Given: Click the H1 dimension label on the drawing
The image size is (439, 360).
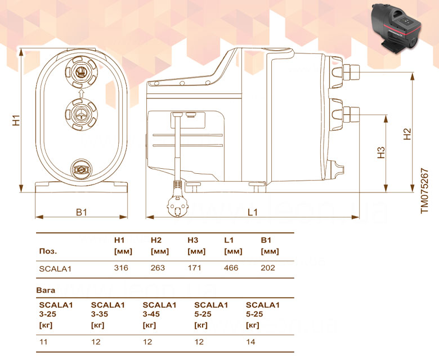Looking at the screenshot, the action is tap(16, 120).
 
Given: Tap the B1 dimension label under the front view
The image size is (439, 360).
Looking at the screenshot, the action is tap(82, 213).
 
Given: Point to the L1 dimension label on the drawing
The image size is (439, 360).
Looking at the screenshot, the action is tap(253, 213).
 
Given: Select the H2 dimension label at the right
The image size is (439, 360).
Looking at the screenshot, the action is tap(407, 134).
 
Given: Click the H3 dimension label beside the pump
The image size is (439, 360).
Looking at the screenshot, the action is tap(381, 153).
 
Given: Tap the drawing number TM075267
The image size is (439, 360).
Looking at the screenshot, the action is tap(425, 191).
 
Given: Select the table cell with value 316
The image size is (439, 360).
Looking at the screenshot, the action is tap(121, 268).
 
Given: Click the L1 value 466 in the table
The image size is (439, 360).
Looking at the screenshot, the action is tap(231, 268).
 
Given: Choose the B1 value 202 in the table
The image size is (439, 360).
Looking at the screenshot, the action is tap(268, 268).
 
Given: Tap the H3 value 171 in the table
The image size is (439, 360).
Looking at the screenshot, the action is tap(194, 268).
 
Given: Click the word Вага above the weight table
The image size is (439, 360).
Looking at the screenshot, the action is tap(46, 290).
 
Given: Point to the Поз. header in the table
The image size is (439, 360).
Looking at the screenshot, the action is tap(48, 251).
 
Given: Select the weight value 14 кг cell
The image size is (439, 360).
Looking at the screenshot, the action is tap(250, 342).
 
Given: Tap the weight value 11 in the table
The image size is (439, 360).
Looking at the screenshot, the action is tap(43, 342).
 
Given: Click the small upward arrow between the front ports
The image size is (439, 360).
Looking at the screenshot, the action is tap(81, 93).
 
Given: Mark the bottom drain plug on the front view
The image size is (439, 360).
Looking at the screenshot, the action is tap(81, 169).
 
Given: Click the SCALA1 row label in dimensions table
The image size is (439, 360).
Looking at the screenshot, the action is tap(55, 269).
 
